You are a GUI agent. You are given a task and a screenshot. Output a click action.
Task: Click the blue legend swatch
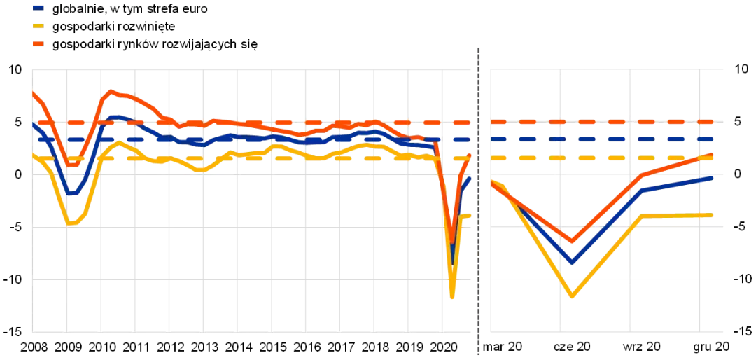(x=38, y=8)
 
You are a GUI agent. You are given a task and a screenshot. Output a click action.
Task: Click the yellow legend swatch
(x=38, y=27)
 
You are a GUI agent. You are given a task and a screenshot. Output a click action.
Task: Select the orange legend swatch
(x=38, y=44)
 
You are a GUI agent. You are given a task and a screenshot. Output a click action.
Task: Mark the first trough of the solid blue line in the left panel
(x=72, y=191)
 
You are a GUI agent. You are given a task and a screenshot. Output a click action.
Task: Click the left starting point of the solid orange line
(x=34, y=93)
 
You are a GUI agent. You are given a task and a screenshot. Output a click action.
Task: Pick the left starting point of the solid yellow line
(x=34, y=155)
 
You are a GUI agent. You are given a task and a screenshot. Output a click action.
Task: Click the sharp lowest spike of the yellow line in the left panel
(x=453, y=298)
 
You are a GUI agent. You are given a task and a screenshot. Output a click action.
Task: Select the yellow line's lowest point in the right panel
(x=572, y=296)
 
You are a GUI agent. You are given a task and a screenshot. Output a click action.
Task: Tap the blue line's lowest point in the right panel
(x=572, y=261)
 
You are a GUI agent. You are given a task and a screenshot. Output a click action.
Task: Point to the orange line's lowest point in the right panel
(x=572, y=242)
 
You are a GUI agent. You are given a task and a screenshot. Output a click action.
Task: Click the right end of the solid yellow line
(x=713, y=214)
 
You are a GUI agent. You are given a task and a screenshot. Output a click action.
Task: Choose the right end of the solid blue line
(x=713, y=178)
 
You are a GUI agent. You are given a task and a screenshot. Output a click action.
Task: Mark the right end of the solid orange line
(x=713, y=155)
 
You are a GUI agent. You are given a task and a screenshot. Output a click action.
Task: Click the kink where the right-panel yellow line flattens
(x=642, y=216)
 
